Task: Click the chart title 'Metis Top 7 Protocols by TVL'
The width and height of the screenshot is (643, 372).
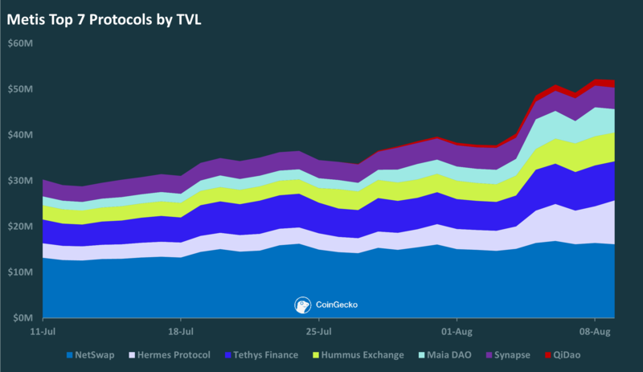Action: (104, 18)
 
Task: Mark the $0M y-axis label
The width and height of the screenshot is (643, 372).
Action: (22, 318)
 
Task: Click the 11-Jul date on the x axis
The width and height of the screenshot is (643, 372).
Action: (43, 331)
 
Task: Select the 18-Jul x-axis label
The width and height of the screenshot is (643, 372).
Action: (181, 331)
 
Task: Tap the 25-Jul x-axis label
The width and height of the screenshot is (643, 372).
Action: (319, 331)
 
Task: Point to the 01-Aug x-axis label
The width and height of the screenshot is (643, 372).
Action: (457, 331)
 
